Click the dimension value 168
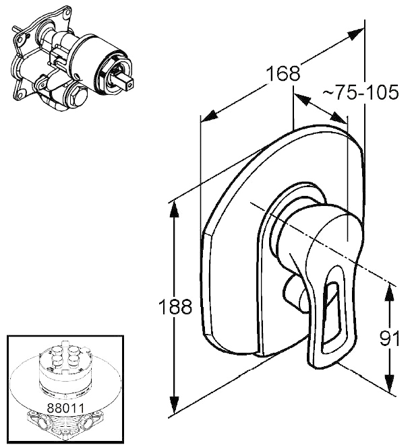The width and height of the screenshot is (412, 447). [283, 73]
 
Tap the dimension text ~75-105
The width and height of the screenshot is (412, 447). [360, 92]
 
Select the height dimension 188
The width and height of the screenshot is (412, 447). [175, 306]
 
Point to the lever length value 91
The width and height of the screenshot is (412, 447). [389, 338]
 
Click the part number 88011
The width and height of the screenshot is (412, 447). [65, 408]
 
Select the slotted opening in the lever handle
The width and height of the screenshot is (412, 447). [330, 309]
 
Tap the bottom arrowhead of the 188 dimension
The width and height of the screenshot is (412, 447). [175, 405]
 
